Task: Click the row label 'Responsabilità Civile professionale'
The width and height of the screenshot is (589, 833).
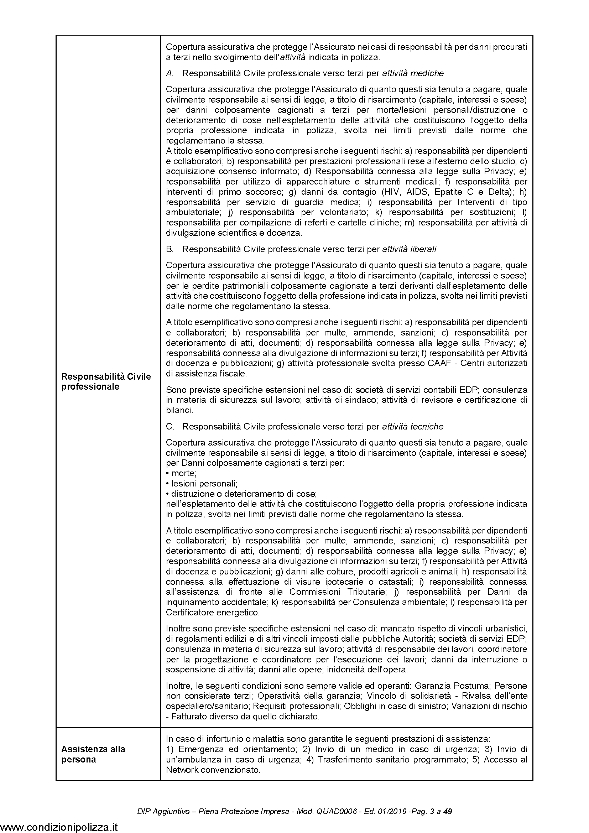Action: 106,381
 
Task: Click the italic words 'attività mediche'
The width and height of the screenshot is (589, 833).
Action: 413,73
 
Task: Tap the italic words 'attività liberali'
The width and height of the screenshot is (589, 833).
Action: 409,249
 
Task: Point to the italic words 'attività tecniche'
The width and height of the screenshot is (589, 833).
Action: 413,427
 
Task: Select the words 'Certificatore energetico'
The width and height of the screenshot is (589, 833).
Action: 213,613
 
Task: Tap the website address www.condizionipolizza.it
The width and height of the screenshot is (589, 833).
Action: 59,826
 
